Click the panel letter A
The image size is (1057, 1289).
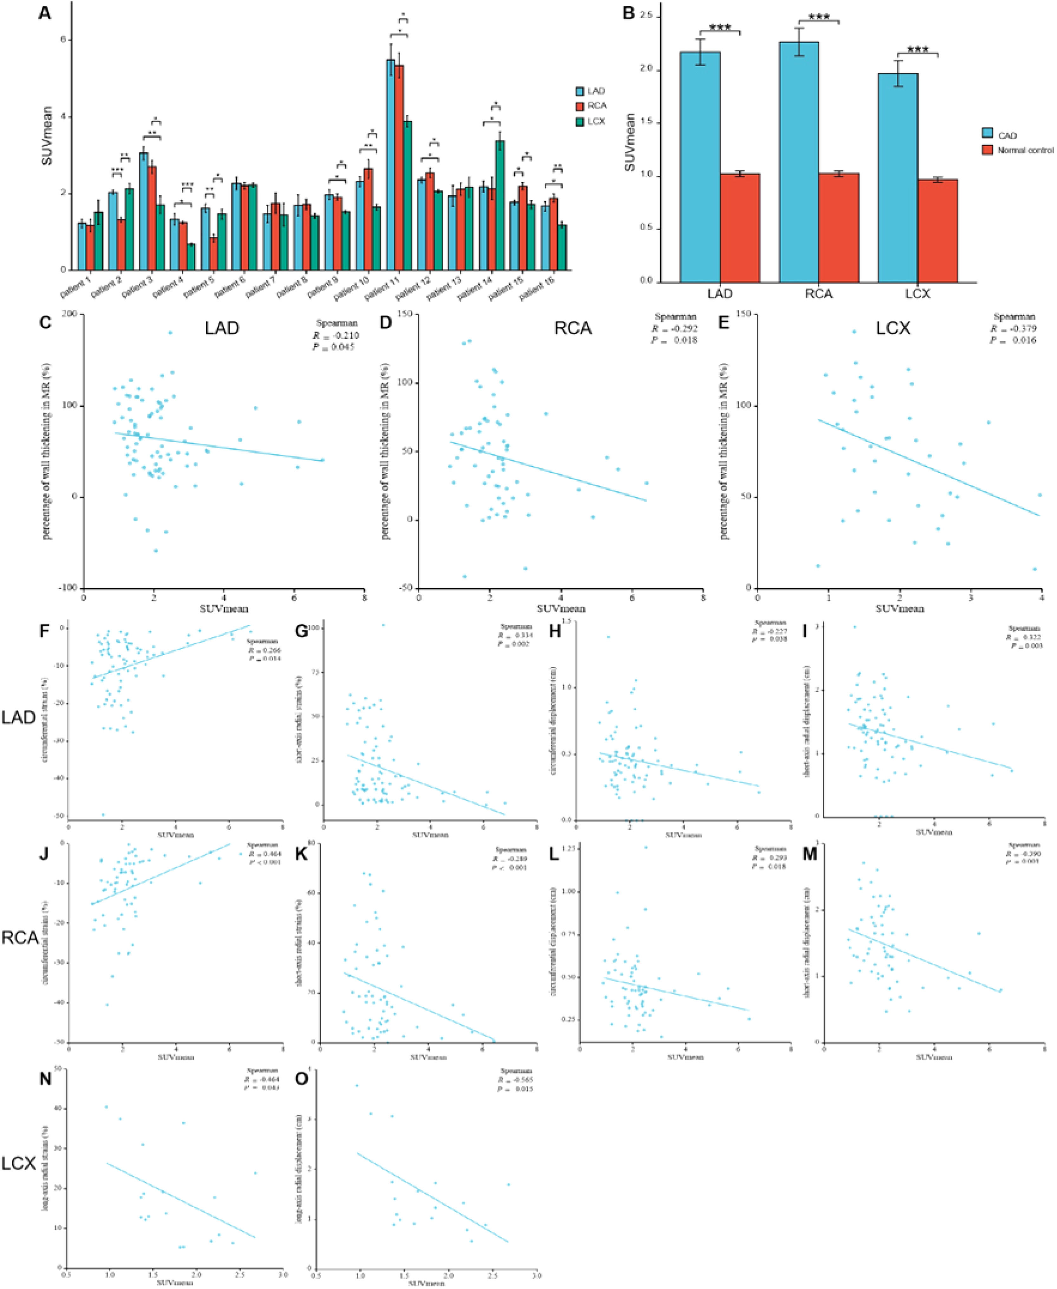point(44,12)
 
